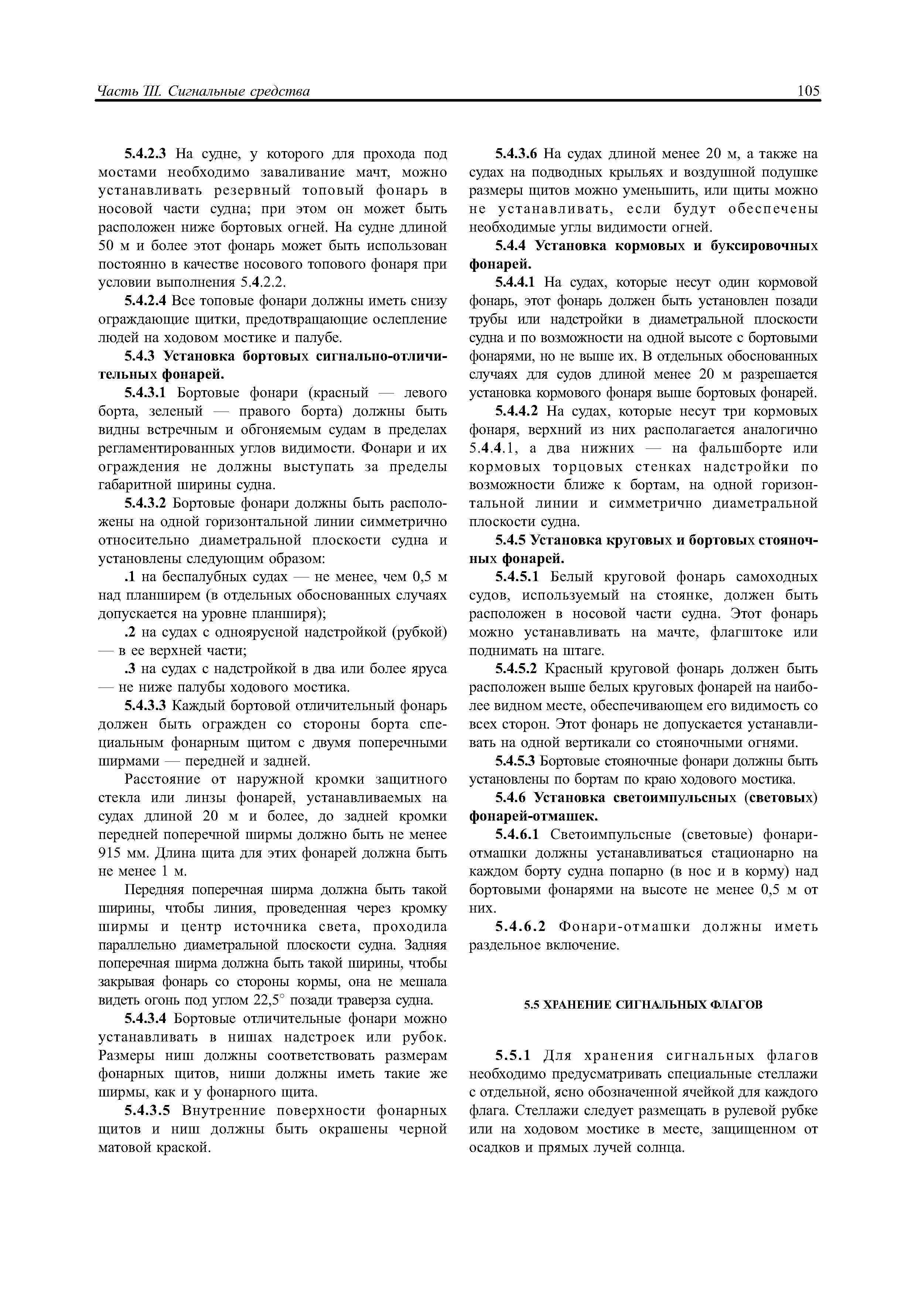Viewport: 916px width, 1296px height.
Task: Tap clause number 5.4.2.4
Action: point(146,301)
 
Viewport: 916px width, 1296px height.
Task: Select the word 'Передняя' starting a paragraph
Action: point(154,890)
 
